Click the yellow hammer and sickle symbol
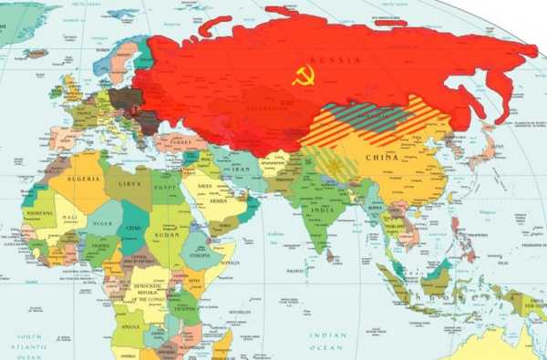(x=304, y=76)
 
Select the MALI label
(x=70, y=218)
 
